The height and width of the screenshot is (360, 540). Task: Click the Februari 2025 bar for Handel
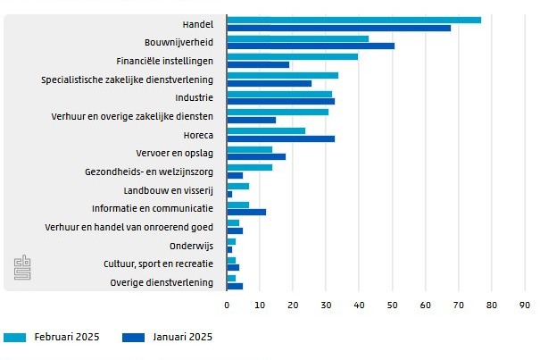point(353,20)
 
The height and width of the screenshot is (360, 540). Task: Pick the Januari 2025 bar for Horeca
point(280,138)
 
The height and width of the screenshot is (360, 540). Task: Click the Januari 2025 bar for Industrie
point(280,101)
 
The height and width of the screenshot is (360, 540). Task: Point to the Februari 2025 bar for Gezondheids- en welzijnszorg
point(249,167)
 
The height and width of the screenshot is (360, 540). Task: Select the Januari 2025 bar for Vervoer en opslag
point(256,157)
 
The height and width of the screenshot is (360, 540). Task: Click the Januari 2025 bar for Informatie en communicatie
point(246,212)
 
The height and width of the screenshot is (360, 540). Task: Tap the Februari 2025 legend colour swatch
point(15,338)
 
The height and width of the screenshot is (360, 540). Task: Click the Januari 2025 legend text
point(183,338)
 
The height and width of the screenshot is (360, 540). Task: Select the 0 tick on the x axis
point(228,305)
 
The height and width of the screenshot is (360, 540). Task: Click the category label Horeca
point(197,135)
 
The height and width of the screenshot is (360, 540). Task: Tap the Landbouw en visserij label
point(169,190)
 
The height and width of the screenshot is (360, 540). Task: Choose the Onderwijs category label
point(191,246)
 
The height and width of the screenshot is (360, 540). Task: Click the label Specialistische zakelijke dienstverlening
point(128,80)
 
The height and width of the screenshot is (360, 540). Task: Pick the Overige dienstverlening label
point(162,283)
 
